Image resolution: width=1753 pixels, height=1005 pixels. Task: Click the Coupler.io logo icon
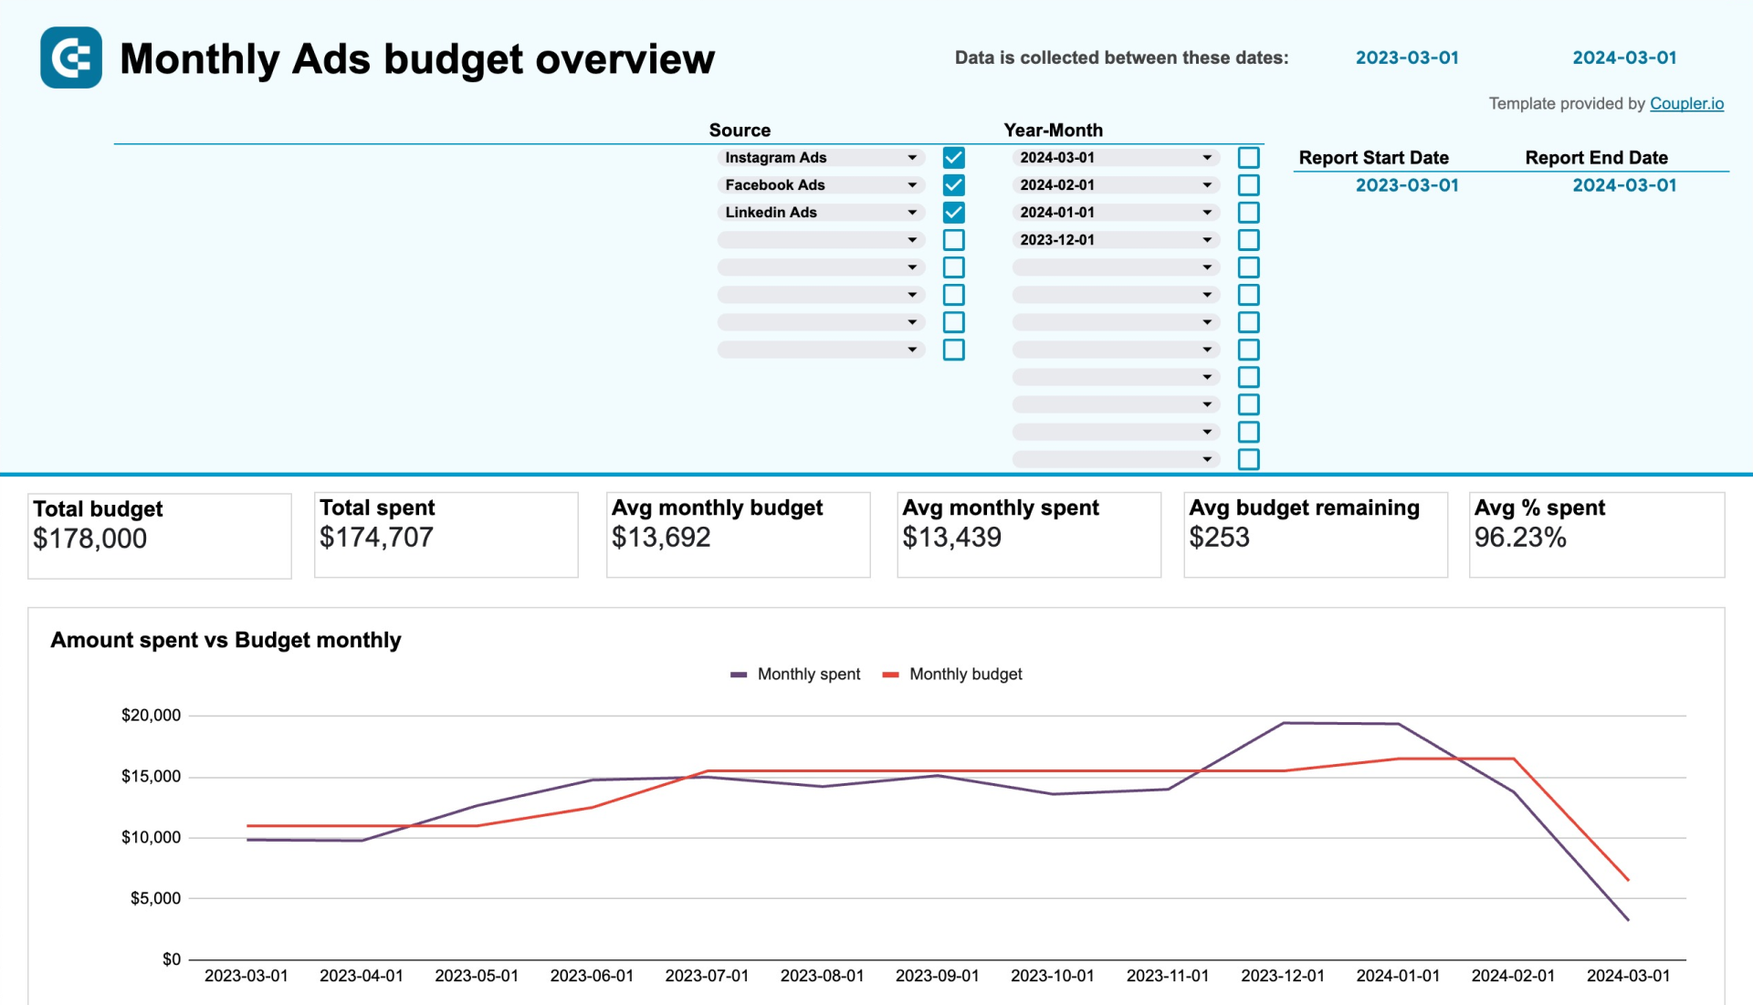point(71,58)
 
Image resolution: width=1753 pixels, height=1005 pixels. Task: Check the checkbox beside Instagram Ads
point(953,158)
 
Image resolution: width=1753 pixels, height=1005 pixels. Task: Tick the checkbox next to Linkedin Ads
point(953,213)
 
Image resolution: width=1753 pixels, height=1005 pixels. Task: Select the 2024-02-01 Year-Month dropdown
point(1115,185)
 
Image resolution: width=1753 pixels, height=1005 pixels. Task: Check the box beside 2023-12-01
point(1248,240)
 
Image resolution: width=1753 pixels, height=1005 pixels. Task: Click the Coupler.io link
point(1685,104)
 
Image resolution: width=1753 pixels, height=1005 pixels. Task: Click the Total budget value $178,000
point(89,539)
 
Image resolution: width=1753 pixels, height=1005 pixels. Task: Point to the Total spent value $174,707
point(376,538)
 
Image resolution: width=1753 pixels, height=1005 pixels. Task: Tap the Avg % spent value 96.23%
point(1519,538)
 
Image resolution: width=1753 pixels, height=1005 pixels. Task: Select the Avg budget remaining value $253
point(1219,538)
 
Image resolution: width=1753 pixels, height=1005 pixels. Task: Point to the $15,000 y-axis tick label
point(151,777)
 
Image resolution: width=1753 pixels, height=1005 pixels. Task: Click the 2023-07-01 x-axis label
point(707,976)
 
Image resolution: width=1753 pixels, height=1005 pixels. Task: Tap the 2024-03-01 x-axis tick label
point(1628,976)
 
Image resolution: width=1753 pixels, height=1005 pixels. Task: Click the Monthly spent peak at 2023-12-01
point(1283,723)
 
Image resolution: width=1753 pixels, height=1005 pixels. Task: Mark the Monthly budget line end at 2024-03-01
point(1628,880)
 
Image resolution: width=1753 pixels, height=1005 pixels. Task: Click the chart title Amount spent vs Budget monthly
point(226,640)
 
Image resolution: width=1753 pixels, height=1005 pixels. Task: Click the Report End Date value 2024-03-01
point(1623,185)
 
